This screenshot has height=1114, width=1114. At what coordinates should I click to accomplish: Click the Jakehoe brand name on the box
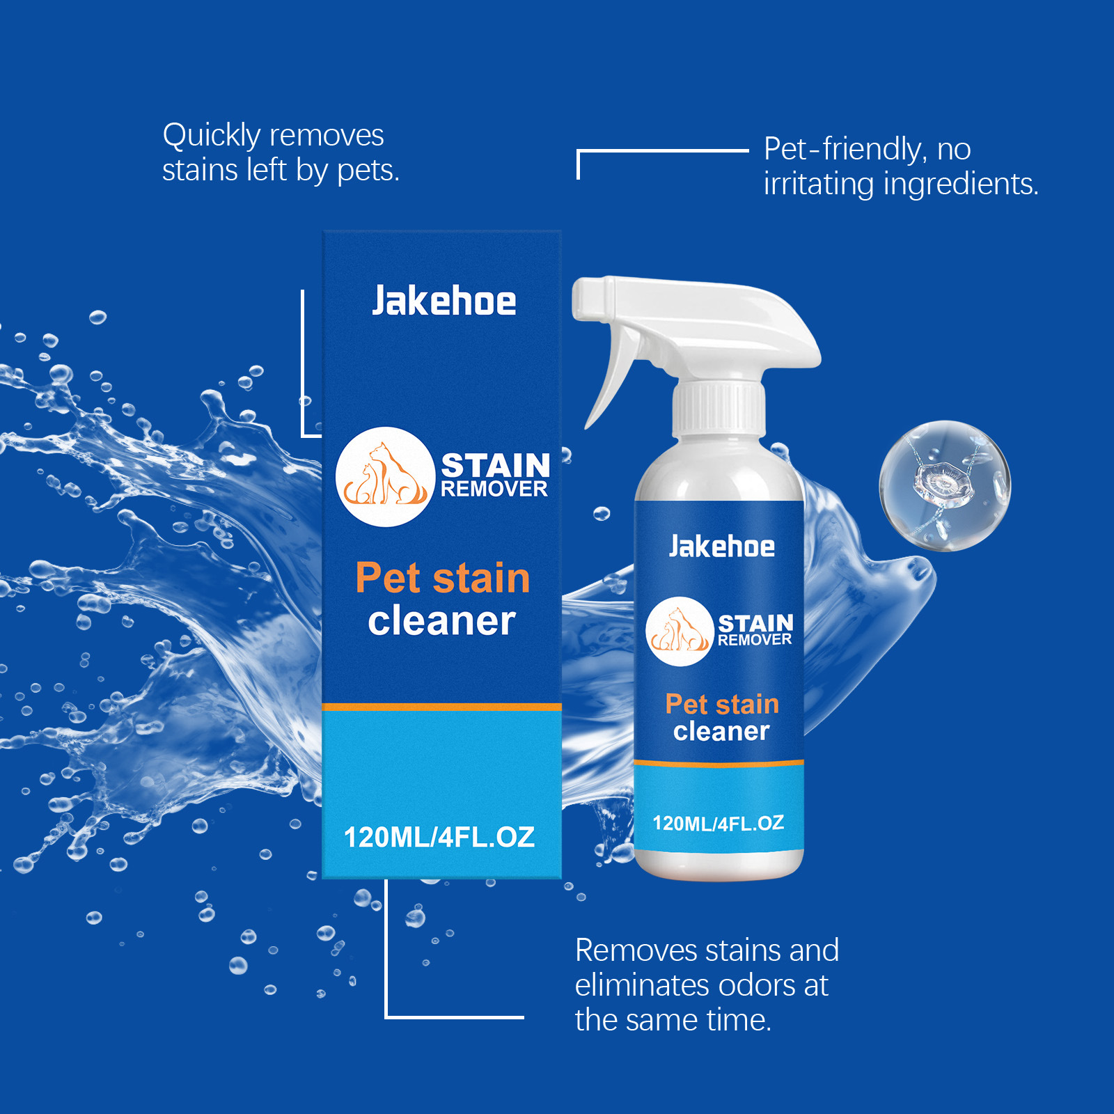444,301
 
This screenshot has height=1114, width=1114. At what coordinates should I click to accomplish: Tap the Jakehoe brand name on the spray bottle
721,547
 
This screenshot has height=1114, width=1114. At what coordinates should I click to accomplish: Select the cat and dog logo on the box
385,477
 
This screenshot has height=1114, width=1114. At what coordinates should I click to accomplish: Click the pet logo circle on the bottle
679,631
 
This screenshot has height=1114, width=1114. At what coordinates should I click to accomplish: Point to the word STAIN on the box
495,464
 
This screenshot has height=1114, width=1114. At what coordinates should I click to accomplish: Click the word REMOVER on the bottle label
755,640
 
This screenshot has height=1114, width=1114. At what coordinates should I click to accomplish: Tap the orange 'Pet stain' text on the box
443,578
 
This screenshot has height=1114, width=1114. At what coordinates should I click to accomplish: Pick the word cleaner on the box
441,621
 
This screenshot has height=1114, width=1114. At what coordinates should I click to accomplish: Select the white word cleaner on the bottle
721,731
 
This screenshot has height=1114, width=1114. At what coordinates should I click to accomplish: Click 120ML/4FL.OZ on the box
439,837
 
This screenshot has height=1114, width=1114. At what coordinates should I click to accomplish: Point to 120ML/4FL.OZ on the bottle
718,824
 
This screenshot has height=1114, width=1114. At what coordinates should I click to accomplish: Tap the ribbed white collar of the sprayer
719,409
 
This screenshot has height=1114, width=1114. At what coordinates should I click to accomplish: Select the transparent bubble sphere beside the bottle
944,485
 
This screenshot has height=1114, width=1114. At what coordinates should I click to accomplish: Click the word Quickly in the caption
211,136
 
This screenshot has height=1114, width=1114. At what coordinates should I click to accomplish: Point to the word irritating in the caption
818,185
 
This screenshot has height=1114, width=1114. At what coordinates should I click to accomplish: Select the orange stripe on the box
441,707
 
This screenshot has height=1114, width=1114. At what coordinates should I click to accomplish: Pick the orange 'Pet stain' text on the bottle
721,704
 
